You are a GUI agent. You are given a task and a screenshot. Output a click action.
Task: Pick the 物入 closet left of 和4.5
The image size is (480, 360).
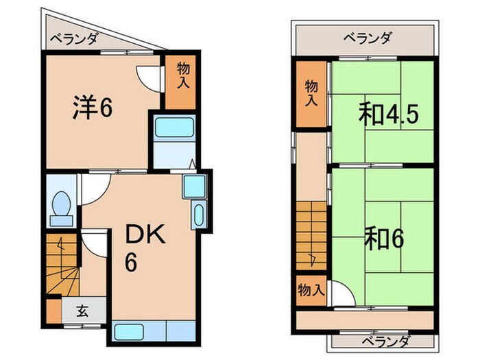311,94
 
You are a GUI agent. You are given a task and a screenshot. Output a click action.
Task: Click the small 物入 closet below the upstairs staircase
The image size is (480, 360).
311,291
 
